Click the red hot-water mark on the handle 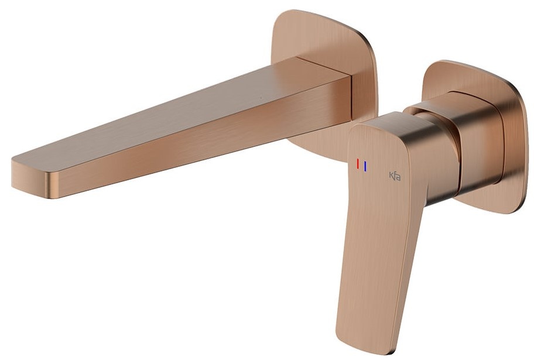pyautogui.click(x=358, y=164)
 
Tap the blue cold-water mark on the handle pyautogui.click(x=365, y=166)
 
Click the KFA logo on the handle pyautogui.click(x=395, y=176)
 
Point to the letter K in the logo pyautogui.click(x=391, y=176)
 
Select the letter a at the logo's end pyautogui.click(x=399, y=177)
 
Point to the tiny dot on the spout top pyautogui.click(x=261, y=98)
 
